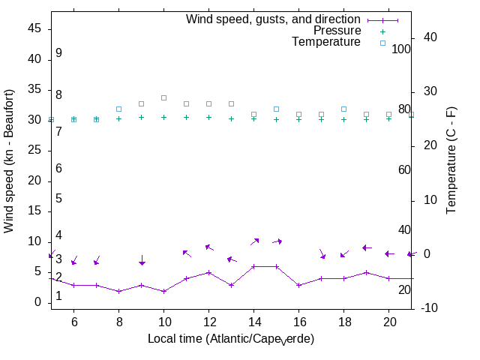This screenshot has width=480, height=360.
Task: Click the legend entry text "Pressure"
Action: [337, 31]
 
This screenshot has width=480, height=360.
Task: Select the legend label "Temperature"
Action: [326, 42]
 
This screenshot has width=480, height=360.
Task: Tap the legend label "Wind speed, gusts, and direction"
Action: [274, 19]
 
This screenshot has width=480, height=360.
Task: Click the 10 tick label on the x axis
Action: [163, 321]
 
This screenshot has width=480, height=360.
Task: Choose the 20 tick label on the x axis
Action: [388, 321]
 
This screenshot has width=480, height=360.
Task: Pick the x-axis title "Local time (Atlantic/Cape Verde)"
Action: [231, 339]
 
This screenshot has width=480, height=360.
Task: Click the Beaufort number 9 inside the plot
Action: [58, 54]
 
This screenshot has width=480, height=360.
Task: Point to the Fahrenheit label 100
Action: [402, 49]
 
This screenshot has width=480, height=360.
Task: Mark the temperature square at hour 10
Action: [163, 97]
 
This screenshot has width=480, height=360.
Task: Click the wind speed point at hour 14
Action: [253, 266]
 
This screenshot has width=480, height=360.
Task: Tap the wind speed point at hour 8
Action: [118, 291]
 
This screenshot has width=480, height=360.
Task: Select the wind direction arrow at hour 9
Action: [142, 259]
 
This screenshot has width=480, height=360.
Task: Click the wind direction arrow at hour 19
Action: [367, 247]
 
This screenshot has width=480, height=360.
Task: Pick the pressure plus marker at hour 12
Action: [208, 117]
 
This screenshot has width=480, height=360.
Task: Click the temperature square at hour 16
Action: [298, 115]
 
